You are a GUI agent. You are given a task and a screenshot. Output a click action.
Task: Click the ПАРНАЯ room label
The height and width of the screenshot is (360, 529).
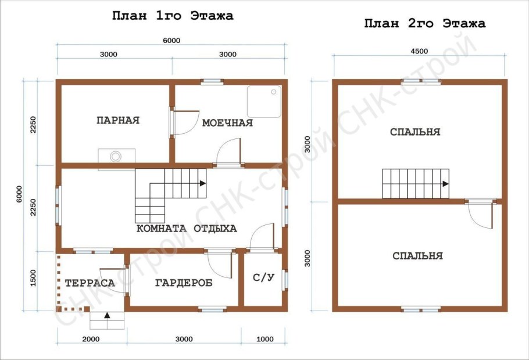point(118,120)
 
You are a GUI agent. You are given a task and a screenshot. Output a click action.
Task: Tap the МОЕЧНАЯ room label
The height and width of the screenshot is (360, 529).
point(227,123)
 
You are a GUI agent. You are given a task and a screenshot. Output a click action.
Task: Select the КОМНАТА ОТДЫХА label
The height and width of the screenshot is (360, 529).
point(187,229)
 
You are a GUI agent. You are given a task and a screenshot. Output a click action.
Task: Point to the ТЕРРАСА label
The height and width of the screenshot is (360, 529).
point(90,283)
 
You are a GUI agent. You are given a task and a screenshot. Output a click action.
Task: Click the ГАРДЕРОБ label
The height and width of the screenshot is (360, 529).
point(184,283)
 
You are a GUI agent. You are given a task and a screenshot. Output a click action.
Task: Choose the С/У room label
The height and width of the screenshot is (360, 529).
point(263,277)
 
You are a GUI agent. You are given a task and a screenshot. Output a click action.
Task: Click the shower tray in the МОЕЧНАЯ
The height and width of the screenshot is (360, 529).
point(264,101)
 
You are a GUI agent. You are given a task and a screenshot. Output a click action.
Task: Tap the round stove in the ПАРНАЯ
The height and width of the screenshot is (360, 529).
point(116,156)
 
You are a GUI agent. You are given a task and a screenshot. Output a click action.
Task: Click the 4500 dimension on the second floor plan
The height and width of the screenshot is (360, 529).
point(419,51)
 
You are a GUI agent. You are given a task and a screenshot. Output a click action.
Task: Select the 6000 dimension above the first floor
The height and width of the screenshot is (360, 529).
point(171,41)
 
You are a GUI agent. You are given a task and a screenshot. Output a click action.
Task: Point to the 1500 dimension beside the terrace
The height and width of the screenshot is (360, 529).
point(33,278)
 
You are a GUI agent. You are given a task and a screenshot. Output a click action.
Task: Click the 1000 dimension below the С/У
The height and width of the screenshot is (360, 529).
point(265,339)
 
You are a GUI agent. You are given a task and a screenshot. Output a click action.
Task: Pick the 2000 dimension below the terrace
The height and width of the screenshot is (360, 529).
point(91,339)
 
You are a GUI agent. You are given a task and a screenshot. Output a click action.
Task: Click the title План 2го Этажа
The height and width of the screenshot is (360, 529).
point(425,24)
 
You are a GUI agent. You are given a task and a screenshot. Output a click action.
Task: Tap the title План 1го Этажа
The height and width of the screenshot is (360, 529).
point(173,16)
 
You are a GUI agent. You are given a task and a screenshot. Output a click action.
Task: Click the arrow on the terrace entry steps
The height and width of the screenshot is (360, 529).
point(107,315)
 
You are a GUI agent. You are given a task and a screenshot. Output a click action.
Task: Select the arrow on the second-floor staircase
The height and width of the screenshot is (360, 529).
point(446,184)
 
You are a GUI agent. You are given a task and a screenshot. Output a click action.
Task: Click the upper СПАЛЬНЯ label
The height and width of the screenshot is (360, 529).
point(415,131)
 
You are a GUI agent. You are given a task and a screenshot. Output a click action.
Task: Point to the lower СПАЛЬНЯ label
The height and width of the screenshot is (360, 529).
point(417,256)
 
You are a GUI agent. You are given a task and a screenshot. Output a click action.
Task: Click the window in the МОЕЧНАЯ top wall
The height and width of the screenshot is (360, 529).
point(212,81)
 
